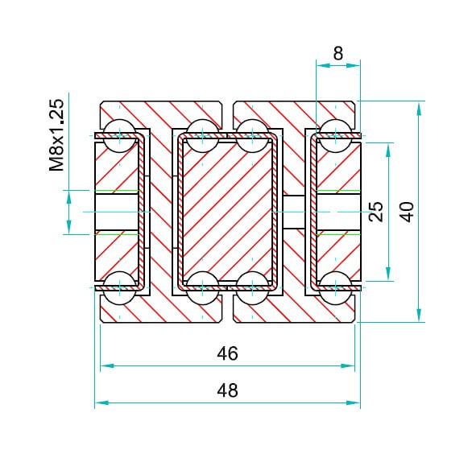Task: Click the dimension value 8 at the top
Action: tap(338, 53)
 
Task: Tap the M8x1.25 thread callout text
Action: tap(57, 135)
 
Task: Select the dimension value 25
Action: tap(376, 212)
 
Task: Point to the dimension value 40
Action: tap(408, 212)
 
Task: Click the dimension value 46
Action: tap(228, 353)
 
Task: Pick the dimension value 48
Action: tap(228, 390)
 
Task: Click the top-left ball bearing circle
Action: tap(120, 136)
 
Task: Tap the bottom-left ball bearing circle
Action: tap(120, 288)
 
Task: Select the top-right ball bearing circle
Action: tap(335, 136)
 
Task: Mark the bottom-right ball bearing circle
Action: tap(335, 288)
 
